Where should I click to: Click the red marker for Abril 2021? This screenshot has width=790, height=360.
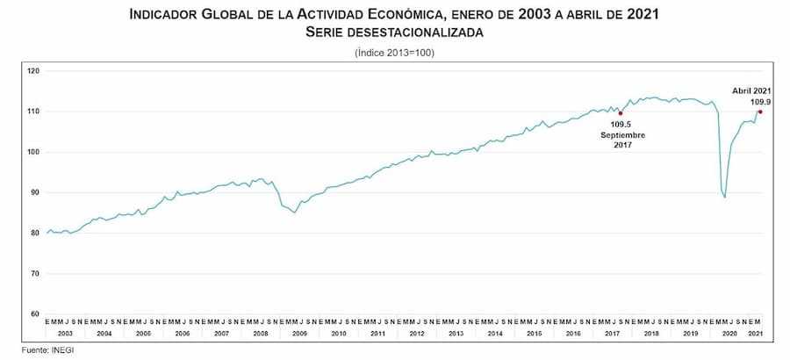tap(760, 112)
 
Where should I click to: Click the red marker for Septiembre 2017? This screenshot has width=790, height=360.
tap(621, 113)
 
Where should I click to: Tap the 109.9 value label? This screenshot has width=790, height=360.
tap(759, 102)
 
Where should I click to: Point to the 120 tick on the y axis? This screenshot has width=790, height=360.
tap(34, 70)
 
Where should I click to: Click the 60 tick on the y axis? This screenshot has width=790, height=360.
tap(36, 313)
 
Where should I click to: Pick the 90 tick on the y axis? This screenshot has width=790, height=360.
tap(36, 192)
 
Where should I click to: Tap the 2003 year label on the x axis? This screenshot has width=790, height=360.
tap(65, 334)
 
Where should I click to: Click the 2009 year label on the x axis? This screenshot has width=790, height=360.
tap(299, 334)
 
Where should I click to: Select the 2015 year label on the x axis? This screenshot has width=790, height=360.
tap(534, 334)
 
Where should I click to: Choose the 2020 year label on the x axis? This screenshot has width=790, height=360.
tap(729, 334)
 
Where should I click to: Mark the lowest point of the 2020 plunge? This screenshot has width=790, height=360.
tap(725, 198)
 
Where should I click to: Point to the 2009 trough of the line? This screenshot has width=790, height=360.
tap(295, 212)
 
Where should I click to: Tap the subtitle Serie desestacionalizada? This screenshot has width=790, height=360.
tap(394, 32)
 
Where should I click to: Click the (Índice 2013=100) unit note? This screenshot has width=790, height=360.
tap(394, 53)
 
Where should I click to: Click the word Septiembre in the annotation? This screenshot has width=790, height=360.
tap(623, 135)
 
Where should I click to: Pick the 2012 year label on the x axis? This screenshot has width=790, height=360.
tap(416, 334)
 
